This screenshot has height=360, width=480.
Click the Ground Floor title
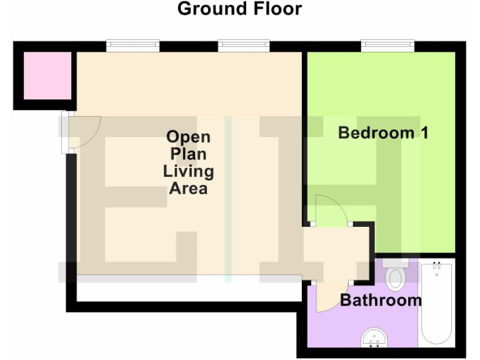click(x=239, y=9)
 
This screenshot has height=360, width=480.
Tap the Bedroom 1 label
click(x=382, y=132)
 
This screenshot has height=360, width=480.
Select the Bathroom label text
click(x=381, y=300)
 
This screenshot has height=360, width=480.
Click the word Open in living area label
click(x=188, y=137)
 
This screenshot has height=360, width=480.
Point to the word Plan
click(x=188, y=154)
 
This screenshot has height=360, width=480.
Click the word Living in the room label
click(x=188, y=171)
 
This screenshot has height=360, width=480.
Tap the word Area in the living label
click(x=188, y=188)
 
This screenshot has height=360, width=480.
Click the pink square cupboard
click(x=47, y=76)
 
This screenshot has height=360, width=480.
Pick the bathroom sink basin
click(x=375, y=339)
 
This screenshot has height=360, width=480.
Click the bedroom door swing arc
click(x=330, y=209)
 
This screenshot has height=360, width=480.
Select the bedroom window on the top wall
click(x=387, y=46)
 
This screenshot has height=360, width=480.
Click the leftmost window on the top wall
click(x=132, y=46)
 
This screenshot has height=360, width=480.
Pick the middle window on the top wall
click(x=244, y=46)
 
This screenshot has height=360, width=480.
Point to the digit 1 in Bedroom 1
click(x=422, y=132)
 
